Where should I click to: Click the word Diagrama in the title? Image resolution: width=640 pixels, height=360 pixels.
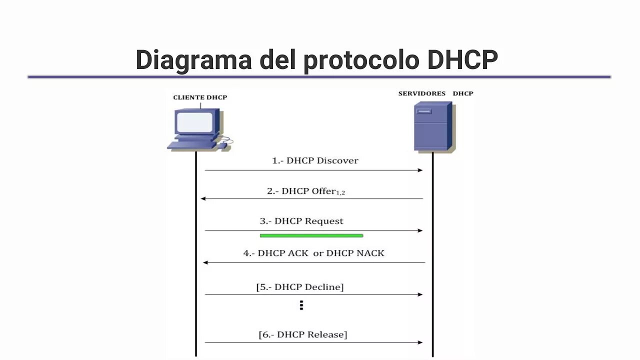pyautogui.click(x=193, y=60)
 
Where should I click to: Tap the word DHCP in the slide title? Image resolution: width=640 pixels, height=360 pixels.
pyautogui.click(x=462, y=60)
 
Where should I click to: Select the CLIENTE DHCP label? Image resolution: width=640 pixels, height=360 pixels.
pyautogui.click(x=200, y=97)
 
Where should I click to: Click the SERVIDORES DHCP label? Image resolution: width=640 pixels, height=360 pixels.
pyautogui.click(x=435, y=93)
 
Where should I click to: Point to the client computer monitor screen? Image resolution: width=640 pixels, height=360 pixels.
pyautogui.click(x=195, y=122)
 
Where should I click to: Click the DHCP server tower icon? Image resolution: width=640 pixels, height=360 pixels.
pyautogui.click(x=433, y=126)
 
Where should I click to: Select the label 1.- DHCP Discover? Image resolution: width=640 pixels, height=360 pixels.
pyautogui.click(x=315, y=160)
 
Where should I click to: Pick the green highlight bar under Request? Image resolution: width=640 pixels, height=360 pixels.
pyautogui.click(x=311, y=235)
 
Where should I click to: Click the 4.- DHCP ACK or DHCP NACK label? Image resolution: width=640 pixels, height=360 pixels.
pyautogui.click(x=313, y=253)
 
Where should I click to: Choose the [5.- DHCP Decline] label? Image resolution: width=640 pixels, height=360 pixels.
pyautogui.click(x=300, y=287)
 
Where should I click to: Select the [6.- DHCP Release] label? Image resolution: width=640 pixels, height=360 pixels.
pyautogui.click(x=302, y=334)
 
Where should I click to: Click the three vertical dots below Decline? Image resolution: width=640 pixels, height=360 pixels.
pyautogui.click(x=301, y=305)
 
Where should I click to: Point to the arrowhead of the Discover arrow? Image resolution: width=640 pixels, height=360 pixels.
pyautogui.click(x=420, y=170)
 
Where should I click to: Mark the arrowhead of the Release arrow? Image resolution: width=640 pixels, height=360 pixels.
pyautogui.click(x=420, y=342)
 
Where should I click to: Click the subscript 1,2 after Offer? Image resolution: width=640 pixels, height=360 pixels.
pyautogui.click(x=340, y=193)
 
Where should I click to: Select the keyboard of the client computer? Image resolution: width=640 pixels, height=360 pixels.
pyautogui.click(x=192, y=145)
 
